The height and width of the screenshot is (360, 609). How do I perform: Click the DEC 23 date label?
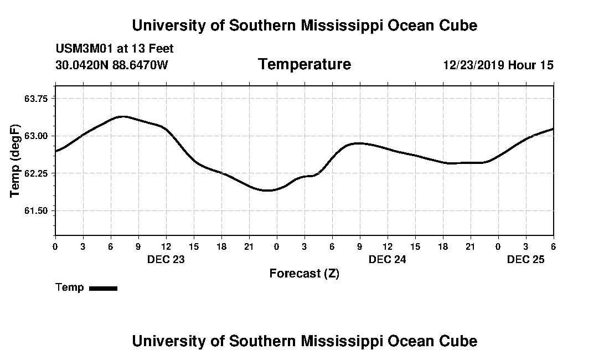coord(166,259)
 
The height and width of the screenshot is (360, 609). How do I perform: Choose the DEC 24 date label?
coord(388,259)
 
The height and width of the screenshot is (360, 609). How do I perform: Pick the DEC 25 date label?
coord(526,259)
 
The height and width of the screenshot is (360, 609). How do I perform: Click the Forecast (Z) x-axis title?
coord(304,274)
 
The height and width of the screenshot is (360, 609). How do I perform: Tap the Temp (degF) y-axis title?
coord(15,161)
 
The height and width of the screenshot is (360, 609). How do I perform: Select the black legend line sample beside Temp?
coord(103,288)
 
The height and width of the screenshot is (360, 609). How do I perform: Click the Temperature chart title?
coord(304,65)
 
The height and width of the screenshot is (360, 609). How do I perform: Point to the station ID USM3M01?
coord(84,49)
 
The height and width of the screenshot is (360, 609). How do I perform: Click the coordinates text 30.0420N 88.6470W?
coord(111,65)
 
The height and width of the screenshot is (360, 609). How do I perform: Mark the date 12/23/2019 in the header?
coord(473,65)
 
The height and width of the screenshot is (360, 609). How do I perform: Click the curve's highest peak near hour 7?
coord(123,116)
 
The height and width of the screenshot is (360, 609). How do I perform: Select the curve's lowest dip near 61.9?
coord(267,191)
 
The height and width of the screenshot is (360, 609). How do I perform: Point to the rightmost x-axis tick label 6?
coord(553,246)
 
